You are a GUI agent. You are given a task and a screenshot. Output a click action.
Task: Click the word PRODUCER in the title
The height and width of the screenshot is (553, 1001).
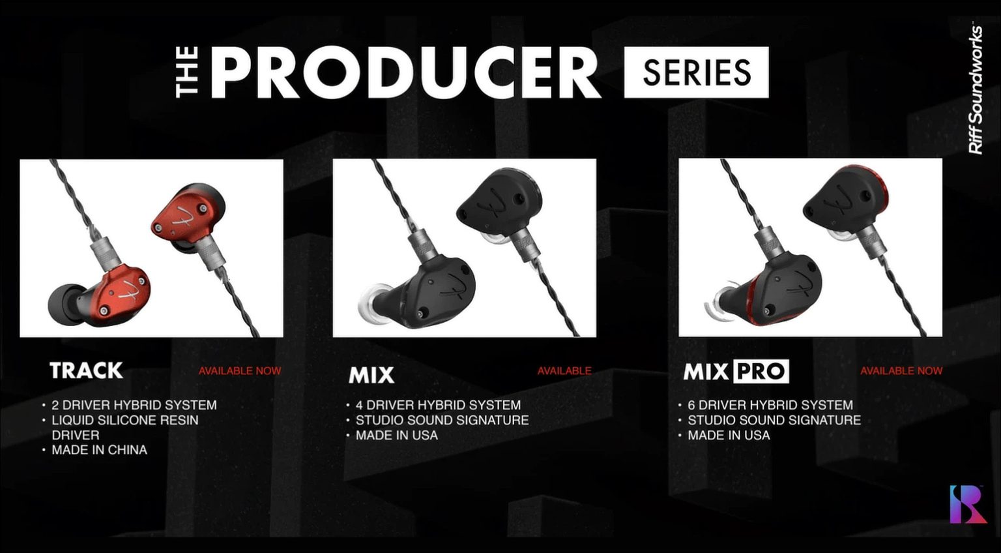[x=404, y=72]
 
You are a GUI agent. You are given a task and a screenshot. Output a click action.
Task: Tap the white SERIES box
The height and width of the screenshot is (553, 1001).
[x=696, y=72]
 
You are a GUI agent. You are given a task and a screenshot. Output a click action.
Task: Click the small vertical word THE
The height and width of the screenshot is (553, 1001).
[x=188, y=72]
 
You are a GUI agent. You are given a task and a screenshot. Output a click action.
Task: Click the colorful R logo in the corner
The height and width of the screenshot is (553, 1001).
[x=967, y=503]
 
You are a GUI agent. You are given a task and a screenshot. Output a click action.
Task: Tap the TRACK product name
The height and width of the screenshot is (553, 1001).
[x=86, y=370]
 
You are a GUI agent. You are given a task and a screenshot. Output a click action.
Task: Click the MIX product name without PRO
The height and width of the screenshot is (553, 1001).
[x=371, y=375]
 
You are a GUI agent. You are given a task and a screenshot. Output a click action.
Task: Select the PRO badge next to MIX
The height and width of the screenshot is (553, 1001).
[x=761, y=372]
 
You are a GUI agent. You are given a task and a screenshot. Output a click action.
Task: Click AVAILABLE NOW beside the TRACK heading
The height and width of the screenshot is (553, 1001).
[x=240, y=370]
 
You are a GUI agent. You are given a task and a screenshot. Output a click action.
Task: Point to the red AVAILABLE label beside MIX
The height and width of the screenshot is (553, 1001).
[x=564, y=370]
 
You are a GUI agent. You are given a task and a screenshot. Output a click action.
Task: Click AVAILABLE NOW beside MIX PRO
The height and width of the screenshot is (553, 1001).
[x=901, y=370]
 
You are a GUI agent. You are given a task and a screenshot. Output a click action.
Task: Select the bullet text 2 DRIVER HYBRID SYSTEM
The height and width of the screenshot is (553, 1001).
[x=134, y=405]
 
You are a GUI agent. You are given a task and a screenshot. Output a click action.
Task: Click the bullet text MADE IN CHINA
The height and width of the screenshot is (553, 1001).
[x=99, y=450]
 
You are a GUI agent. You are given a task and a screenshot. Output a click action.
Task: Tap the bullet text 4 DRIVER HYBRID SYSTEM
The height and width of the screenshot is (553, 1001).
[x=438, y=405]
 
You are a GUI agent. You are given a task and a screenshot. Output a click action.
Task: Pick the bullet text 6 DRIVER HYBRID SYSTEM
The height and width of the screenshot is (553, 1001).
[x=770, y=405]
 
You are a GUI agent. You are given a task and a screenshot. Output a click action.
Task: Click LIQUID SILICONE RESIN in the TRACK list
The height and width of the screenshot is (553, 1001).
[x=125, y=420]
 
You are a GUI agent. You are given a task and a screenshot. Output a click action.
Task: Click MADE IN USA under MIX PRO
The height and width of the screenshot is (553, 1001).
[x=729, y=435]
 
